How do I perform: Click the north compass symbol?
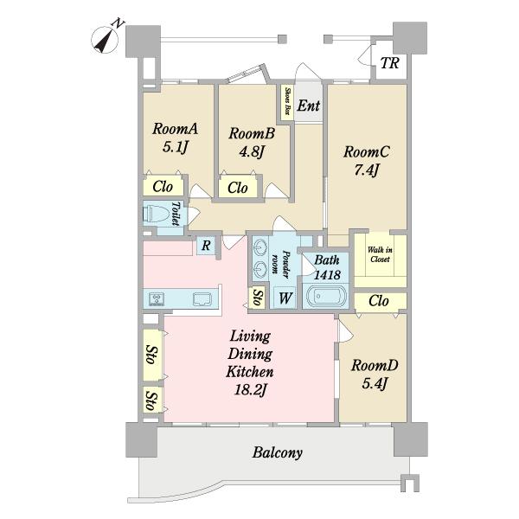click(x=105, y=40)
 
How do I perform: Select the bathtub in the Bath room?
click(x=326, y=296)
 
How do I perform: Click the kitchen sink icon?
click(x=202, y=299)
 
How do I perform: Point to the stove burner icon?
click(x=155, y=299)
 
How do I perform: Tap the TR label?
click(x=389, y=63)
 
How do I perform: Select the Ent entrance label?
click(x=309, y=106)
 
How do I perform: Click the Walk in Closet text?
click(x=380, y=254)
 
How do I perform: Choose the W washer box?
click(x=285, y=298)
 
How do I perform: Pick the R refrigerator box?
click(x=206, y=246)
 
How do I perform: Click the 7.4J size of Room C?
click(x=366, y=170)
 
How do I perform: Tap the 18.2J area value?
click(x=251, y=390)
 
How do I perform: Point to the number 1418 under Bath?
click(x=327, y=274)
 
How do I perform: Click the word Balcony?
click(x=278, y=452)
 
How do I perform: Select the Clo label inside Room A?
click(x=163, y=187)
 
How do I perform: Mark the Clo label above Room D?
click(x=378, y=301)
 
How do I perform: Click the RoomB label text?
click(x=252, y=133)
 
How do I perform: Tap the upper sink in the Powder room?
click(x=259, y=247)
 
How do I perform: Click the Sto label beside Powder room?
click(x=258, y=298)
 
